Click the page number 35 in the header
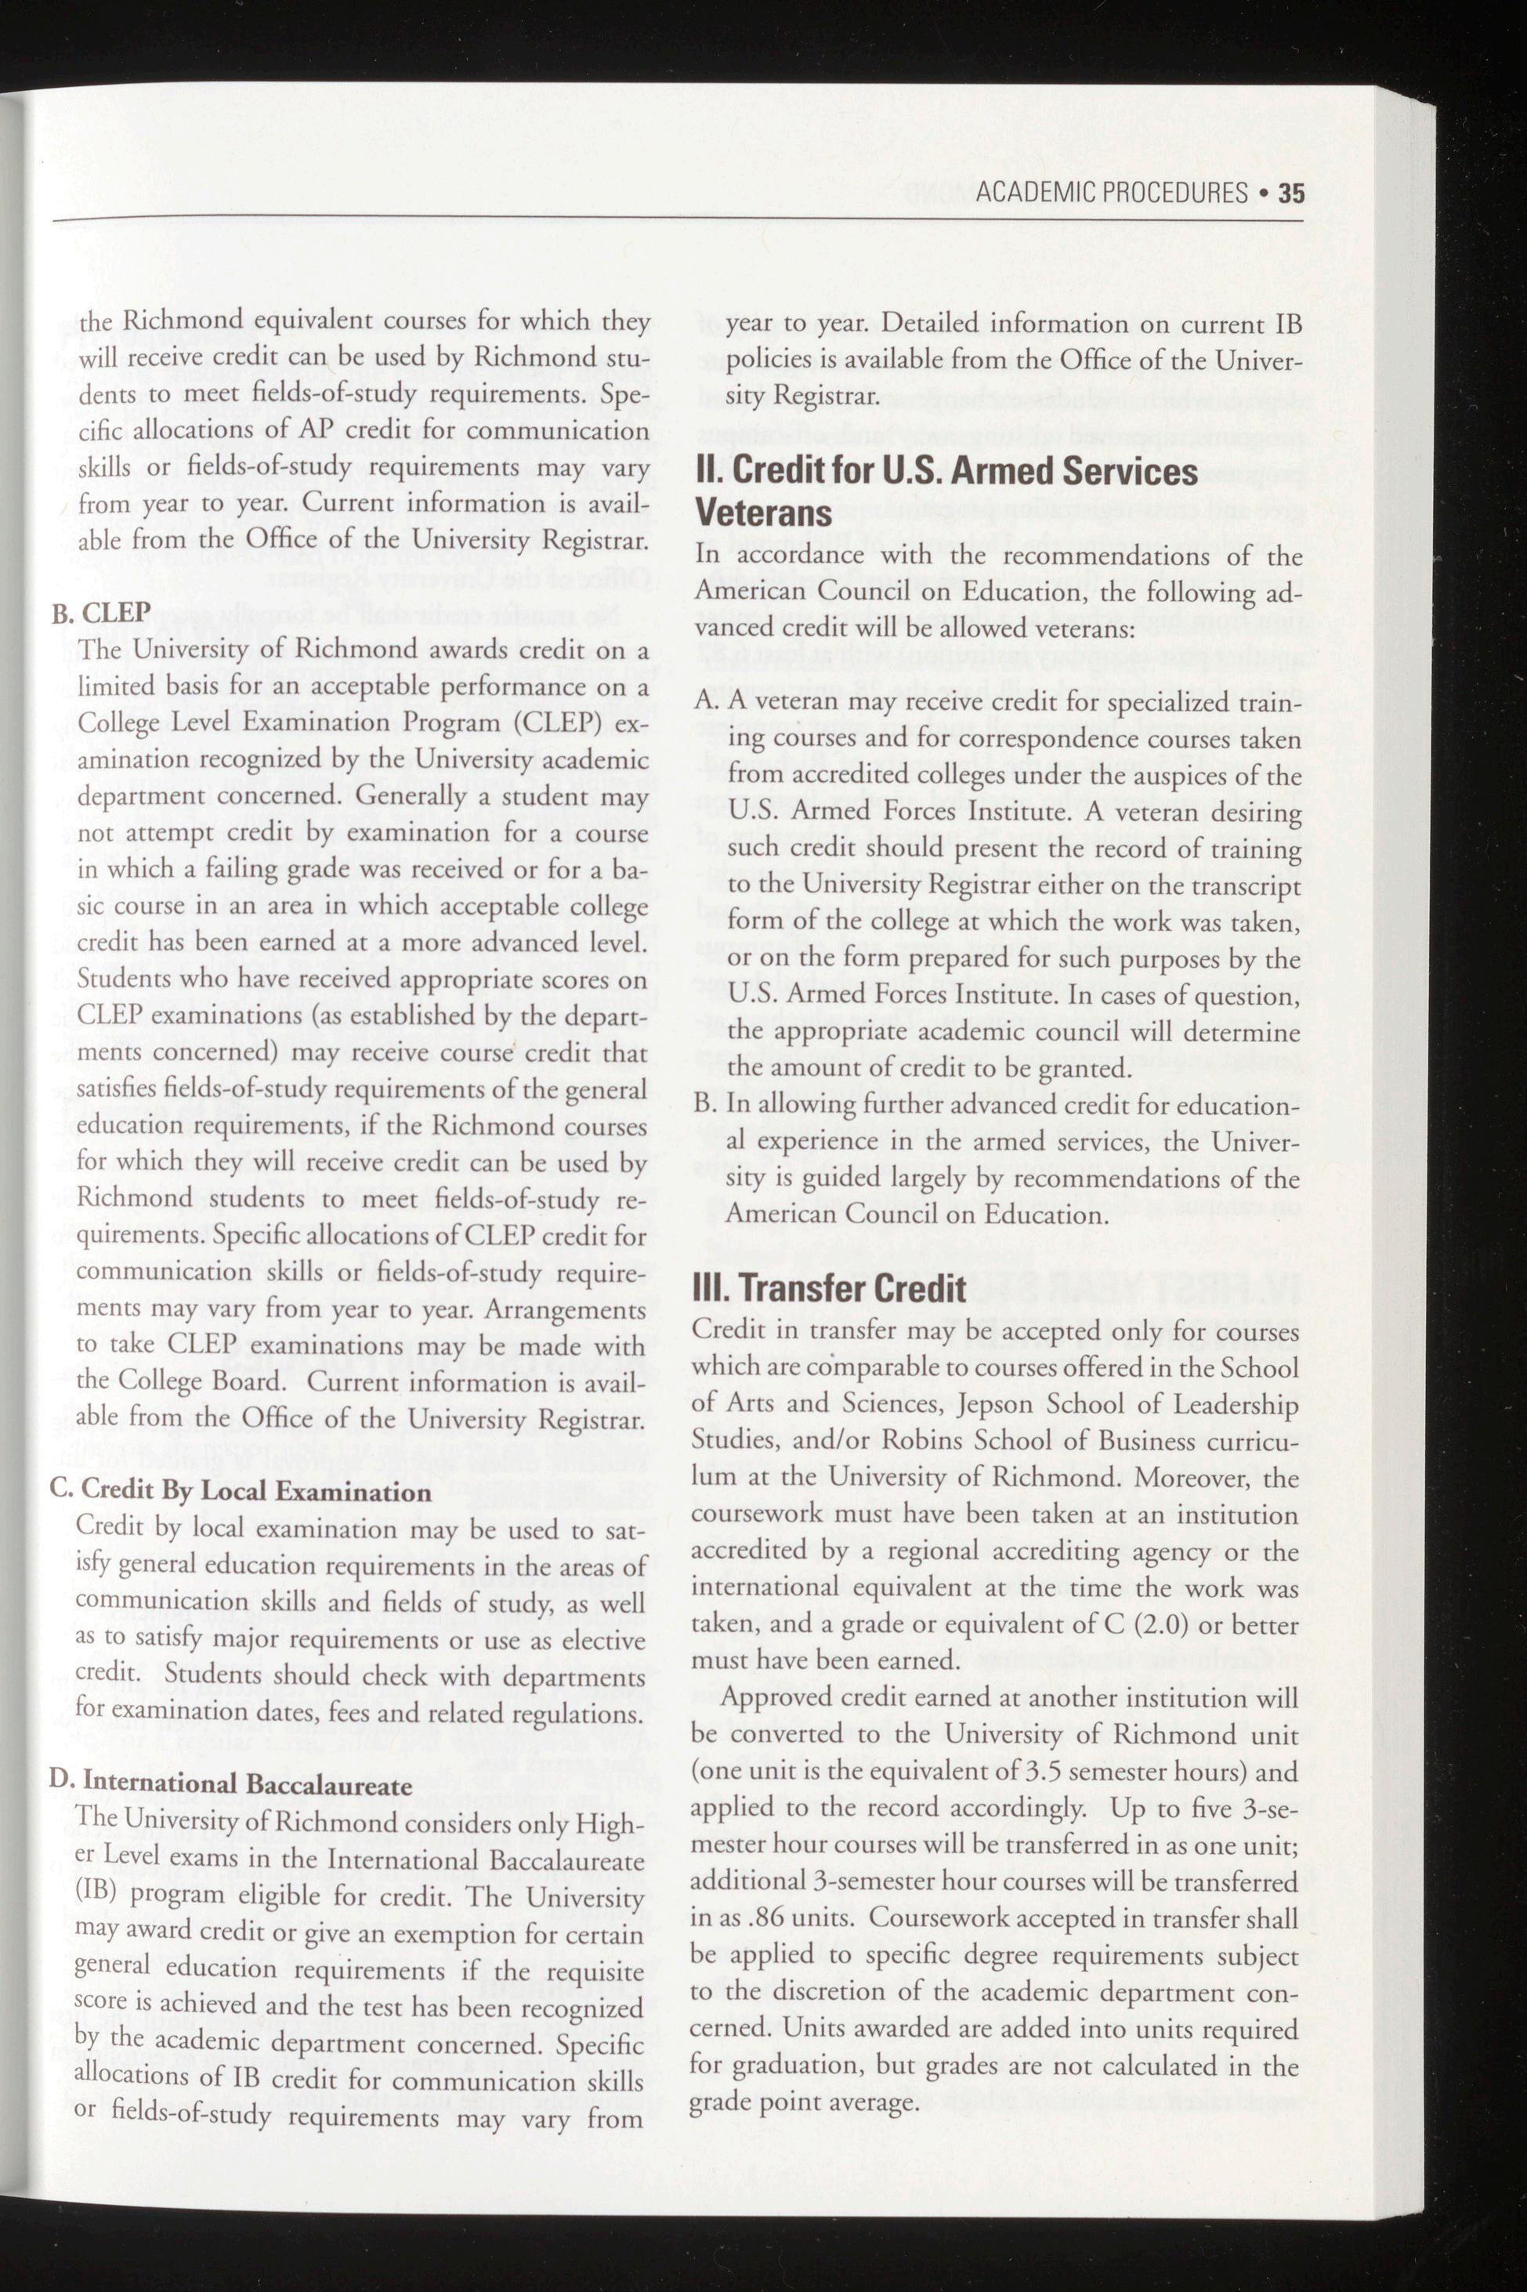point(1291,193)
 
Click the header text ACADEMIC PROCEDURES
point(1111,193)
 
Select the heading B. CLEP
point(101,612)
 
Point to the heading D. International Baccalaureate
point(231,1784)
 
